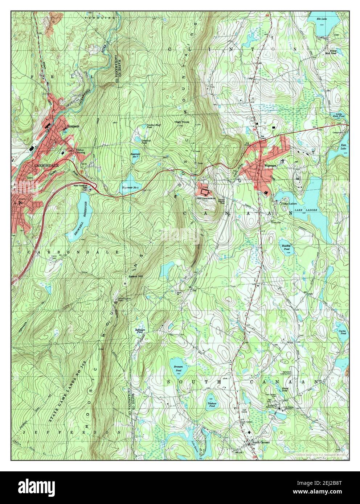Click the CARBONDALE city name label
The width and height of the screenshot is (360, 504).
(x=44, y=165)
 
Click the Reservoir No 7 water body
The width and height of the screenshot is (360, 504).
(x=135, y=154)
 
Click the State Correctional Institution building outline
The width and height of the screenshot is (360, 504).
(x=205, y=191)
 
